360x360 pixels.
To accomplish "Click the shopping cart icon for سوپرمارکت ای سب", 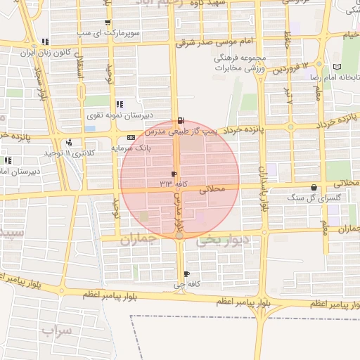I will click(107, 23).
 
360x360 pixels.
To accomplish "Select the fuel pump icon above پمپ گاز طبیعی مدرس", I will click(181, 120).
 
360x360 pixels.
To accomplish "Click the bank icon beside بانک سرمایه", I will click(131, 137).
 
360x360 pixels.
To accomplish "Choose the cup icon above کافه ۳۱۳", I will click(174, 173).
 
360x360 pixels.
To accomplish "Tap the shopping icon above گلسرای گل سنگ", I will click(313, 188).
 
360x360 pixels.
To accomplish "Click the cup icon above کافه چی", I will click(186, 274).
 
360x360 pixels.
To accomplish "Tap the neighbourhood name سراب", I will click(56, 330).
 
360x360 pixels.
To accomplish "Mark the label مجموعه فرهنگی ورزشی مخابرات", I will click(248, 63).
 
